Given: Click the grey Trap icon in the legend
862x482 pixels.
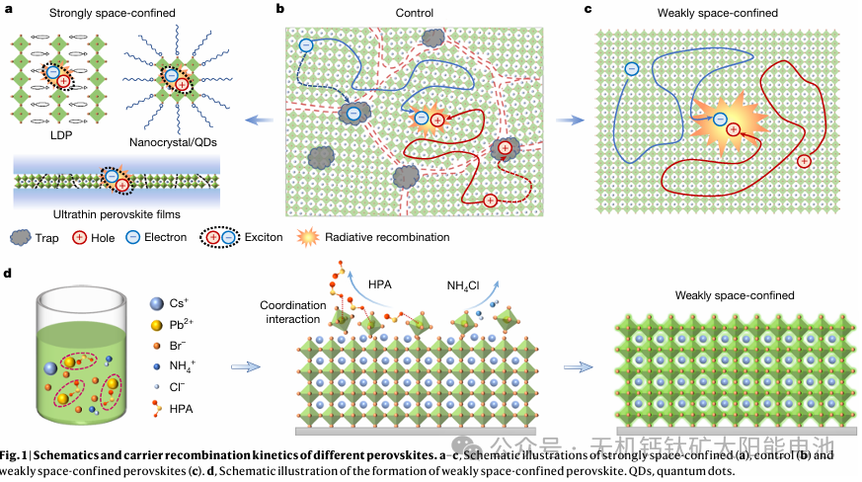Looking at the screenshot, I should click(21, 237).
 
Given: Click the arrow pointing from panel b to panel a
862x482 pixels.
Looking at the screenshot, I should click(259, 120).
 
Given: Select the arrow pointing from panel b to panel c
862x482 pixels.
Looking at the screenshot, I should click(571, 120).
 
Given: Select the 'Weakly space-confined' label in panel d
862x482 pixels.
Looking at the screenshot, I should click(735, 295).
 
